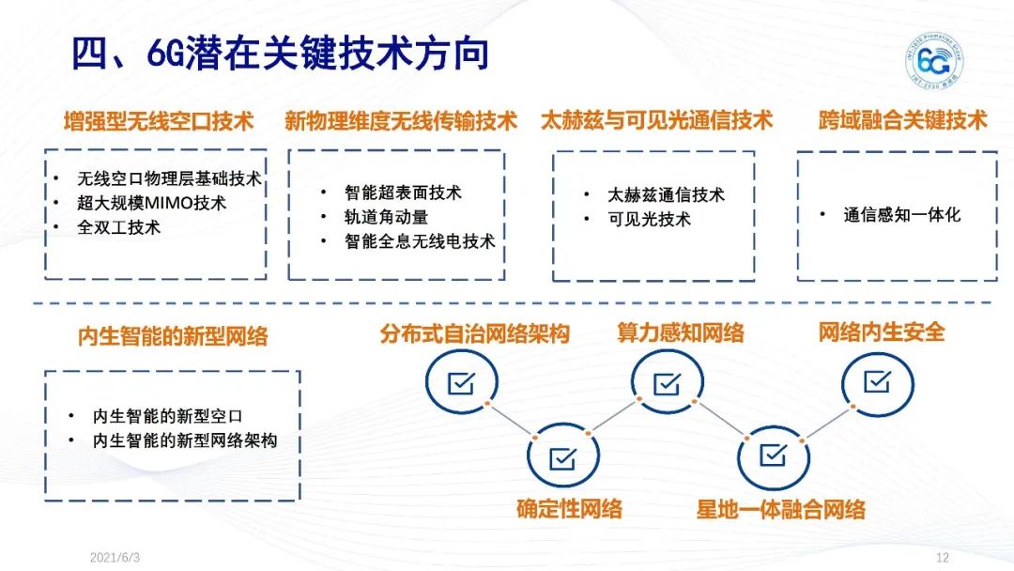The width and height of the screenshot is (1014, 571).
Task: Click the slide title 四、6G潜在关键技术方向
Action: (x=281, y=54)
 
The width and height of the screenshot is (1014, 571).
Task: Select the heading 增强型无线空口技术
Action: (x=159, y=122)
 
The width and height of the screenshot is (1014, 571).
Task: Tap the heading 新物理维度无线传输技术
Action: (x=401, y=122)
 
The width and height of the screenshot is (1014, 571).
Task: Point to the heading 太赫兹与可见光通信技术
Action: (x=656, y=121)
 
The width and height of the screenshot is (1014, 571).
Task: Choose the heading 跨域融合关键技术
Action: (x=902, y=121)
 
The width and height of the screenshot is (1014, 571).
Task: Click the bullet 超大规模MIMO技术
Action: (x=152, y=202)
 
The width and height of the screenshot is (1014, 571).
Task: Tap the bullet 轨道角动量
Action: (x=386, y=217)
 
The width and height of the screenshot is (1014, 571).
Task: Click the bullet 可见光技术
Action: (x=649, y=219)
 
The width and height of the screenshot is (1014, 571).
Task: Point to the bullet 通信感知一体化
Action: (x=901, y=214)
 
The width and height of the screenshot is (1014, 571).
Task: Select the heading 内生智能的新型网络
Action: (x=173, y=336)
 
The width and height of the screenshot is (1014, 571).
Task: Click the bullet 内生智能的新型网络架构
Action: (x=185, y=440)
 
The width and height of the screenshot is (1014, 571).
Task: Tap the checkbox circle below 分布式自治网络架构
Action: (x=460, y=382)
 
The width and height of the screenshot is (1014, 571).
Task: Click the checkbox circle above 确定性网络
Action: (x=562, y=457)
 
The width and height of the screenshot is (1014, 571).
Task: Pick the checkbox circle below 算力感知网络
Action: (x=668, y=382)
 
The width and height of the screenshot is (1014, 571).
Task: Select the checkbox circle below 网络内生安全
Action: (x=877, y=381)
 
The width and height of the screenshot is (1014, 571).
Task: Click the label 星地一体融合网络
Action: (x=780, y=510)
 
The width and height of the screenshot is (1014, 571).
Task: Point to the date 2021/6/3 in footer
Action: (x=115, y=557)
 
